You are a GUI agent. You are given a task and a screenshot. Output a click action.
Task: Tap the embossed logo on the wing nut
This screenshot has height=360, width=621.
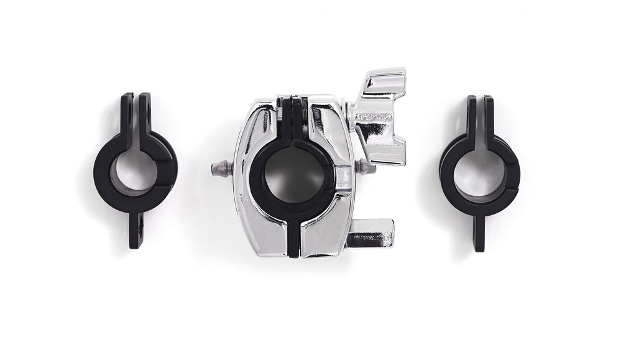point(373,117)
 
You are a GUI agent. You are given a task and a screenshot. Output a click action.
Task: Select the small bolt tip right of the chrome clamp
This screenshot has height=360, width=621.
point(367,167)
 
